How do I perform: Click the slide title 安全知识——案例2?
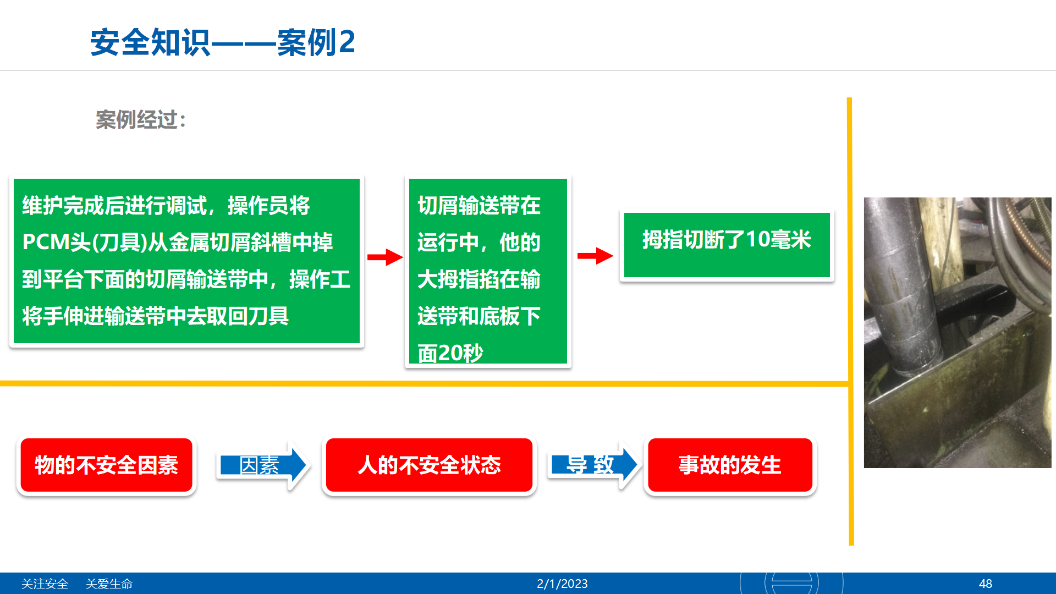point(223,42)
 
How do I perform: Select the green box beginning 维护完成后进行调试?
point(186,261)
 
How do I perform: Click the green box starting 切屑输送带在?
point(488,271)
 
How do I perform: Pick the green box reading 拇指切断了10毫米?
point(727,245)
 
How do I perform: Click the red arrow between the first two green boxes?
point(385,257)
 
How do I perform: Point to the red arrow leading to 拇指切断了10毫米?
point(595,256)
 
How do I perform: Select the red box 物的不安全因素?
point(106,465)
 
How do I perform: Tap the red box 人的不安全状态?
point(429,465)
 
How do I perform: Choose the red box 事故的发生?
point(730,465)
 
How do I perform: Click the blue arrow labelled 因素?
point(263,465)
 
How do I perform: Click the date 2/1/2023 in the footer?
point(562,584)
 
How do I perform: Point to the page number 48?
point(985,584)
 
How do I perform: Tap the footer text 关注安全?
point(45,584)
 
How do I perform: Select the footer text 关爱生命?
point(109,584)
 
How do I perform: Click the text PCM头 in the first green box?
point(56,243)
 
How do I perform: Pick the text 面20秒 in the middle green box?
point(450,353)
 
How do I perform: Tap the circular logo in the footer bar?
point(791,583)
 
